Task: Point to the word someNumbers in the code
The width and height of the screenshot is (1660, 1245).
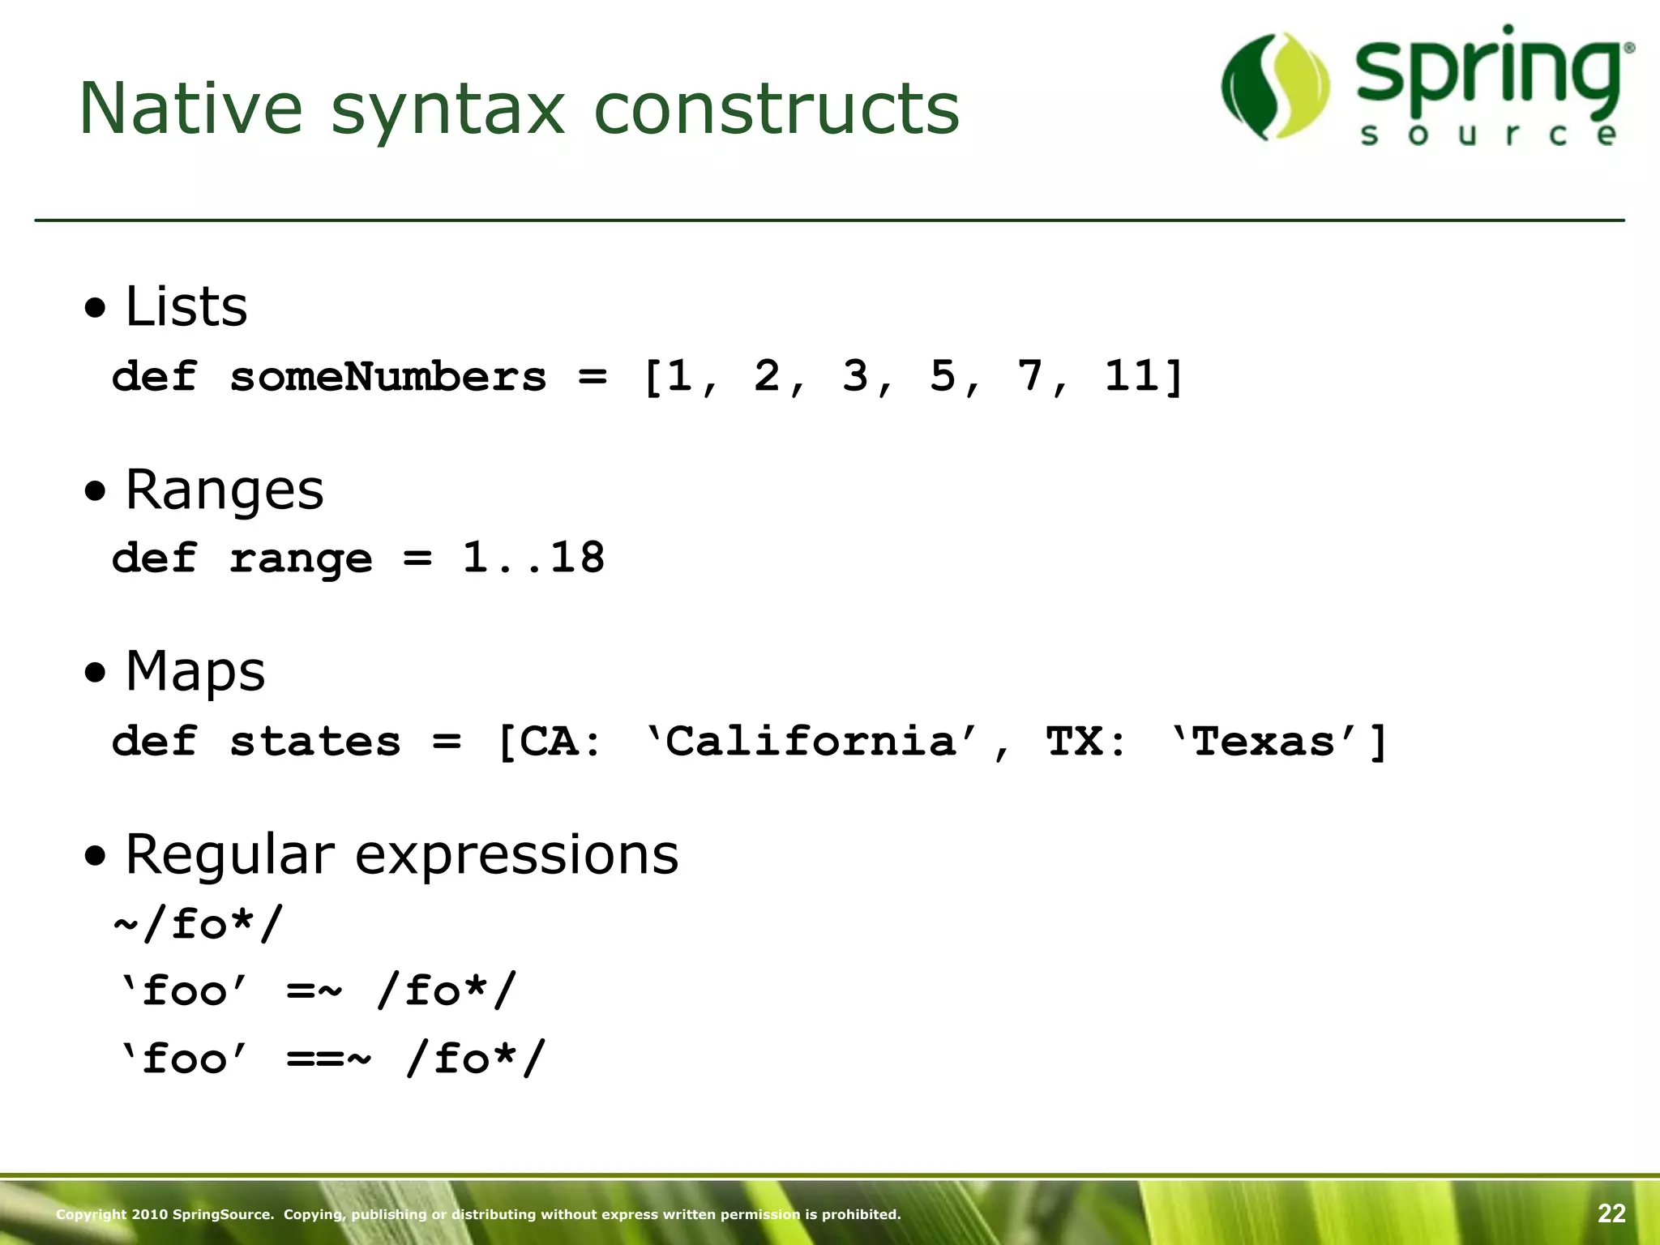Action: [387, 377]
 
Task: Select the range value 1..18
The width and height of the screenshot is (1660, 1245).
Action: [533, 558]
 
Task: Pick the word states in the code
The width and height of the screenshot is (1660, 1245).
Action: [314, 741]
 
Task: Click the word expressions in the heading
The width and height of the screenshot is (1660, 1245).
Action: [516, 854]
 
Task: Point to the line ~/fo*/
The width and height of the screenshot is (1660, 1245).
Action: [199, 924]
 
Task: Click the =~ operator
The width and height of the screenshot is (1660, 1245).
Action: [314, 991]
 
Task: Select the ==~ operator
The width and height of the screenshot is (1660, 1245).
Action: [328, 1059]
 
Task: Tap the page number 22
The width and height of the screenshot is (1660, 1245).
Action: [1611, 1213]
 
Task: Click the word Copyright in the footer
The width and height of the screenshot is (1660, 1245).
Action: [90, 1214]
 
